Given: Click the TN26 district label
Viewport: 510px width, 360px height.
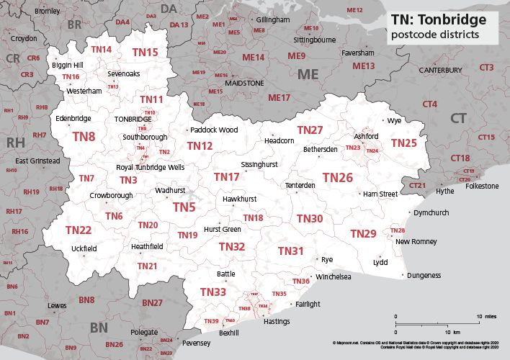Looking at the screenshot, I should [337, 177].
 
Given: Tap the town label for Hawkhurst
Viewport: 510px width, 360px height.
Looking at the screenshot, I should [238, 197].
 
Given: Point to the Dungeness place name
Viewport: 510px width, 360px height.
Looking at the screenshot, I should [424, 275].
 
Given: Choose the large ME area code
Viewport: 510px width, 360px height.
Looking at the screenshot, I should [308, 73].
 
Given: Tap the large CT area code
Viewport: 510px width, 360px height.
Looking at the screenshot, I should [458, 117].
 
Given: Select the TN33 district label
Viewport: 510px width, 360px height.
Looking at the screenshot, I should [213, 292].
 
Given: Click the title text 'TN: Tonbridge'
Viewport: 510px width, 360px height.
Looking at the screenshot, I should [438, 19].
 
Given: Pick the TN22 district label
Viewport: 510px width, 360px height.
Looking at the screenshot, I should [78, 230].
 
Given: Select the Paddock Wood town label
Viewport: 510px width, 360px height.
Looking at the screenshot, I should [215, 130].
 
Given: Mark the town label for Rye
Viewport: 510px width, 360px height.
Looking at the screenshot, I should [326, 258].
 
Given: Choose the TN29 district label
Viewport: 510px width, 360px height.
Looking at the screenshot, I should [363, 233].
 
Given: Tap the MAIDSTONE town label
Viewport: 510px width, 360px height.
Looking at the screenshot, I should [245, 84].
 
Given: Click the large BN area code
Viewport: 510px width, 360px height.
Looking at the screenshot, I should [104, 328].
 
